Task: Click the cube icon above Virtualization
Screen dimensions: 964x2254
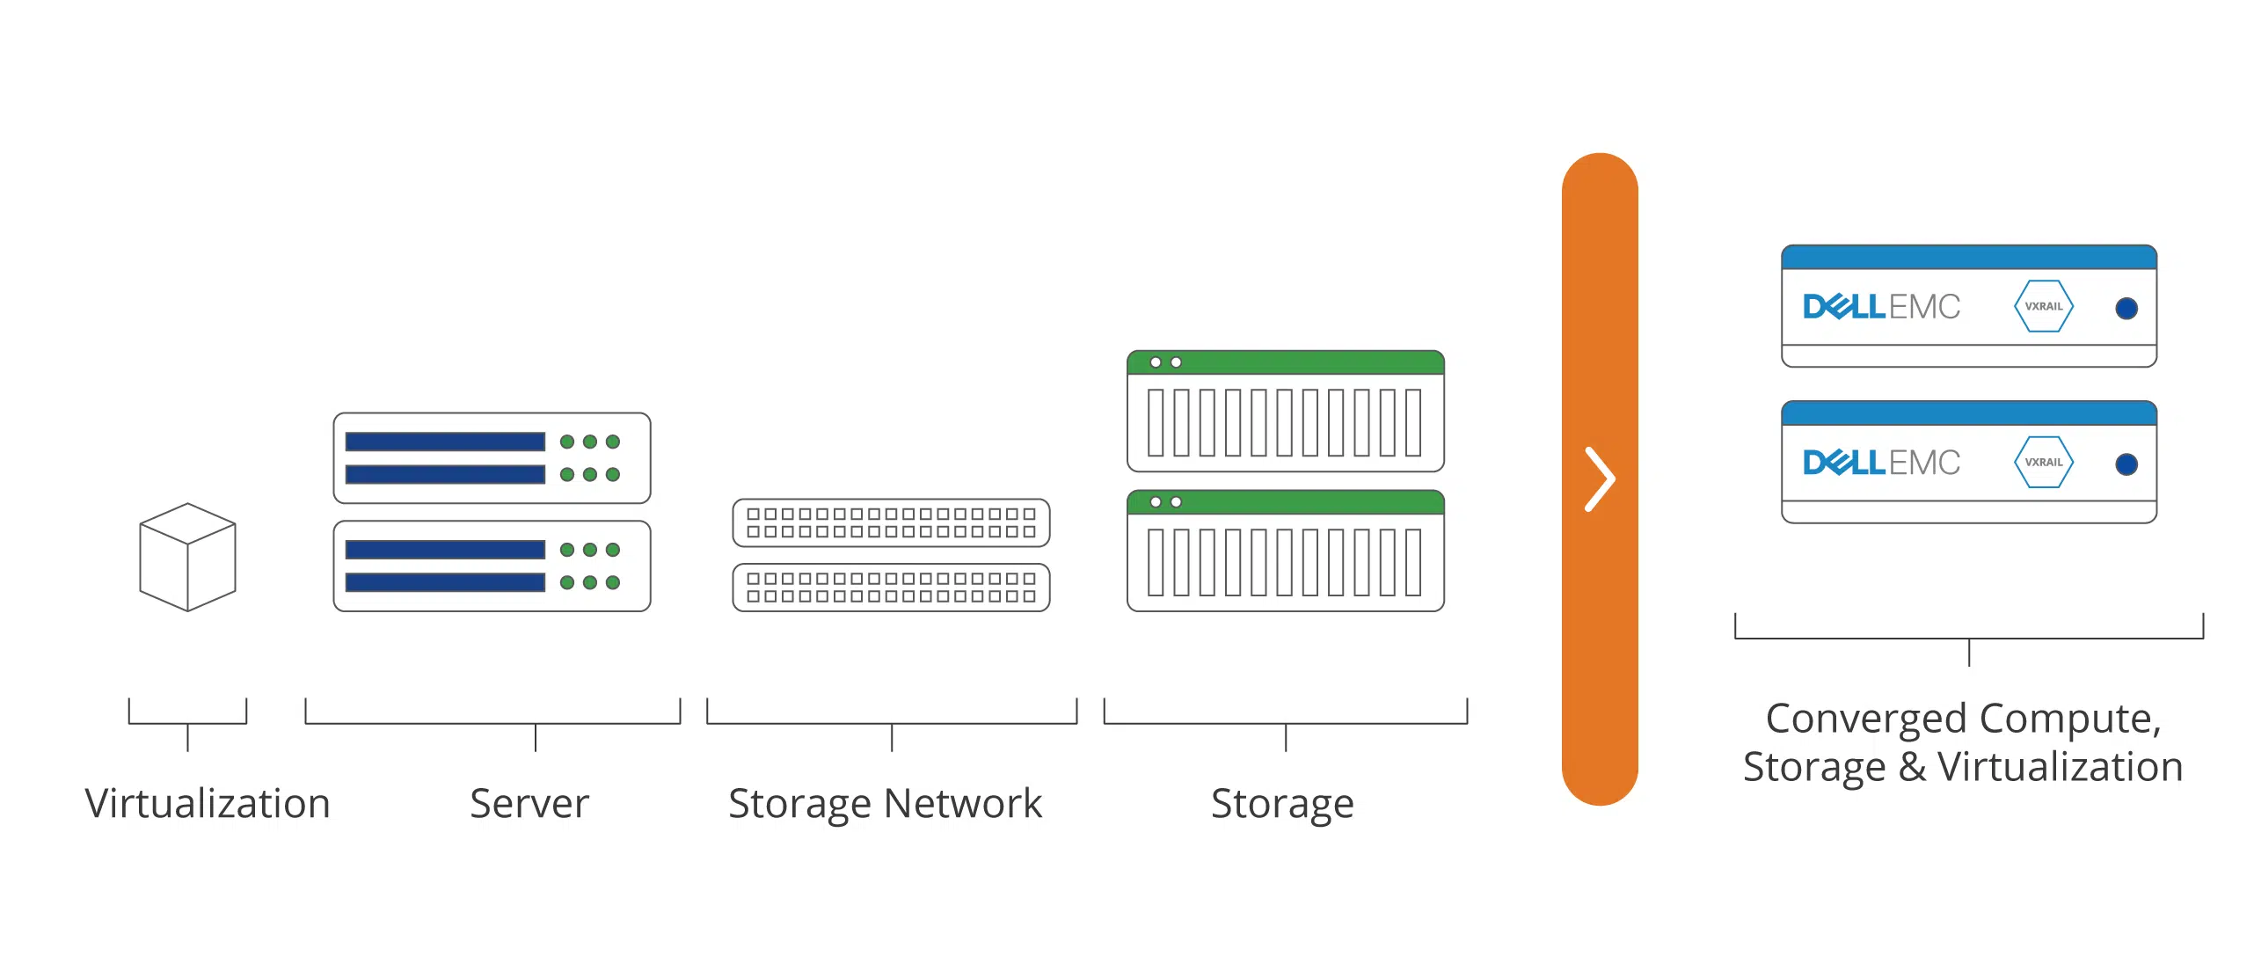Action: tap(187, 557)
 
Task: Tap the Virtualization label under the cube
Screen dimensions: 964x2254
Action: tap(208, 803)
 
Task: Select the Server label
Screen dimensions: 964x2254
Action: tap(529, 803)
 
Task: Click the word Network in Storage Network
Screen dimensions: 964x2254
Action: tap(962, 803)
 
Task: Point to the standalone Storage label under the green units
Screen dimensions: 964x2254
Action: tap(1282, 803)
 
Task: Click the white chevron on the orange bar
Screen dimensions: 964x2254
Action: tap(1600, 479)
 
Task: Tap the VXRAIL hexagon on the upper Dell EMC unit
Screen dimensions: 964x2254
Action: tap(2043, 306)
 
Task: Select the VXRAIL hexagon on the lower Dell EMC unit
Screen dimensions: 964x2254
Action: tap(2043, 462)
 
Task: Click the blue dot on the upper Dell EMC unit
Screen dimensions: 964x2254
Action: tap(2126, 308)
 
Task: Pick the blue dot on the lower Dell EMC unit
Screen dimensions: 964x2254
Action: tap(2126, 464)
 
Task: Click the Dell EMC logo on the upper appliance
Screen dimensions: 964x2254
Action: tap(1881, 306)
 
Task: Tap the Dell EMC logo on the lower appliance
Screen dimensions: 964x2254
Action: tap(1881, 462)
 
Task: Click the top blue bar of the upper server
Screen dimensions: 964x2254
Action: tap(445, 442)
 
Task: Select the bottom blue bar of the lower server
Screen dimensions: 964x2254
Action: tap(445, 582)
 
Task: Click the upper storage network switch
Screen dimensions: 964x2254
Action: tap(891, 522)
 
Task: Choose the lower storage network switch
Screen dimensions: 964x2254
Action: tap(891, 588)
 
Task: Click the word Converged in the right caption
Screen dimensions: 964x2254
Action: tap(1866, 719)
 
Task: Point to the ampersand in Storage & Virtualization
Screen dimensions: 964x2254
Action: tap(1912, 767)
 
